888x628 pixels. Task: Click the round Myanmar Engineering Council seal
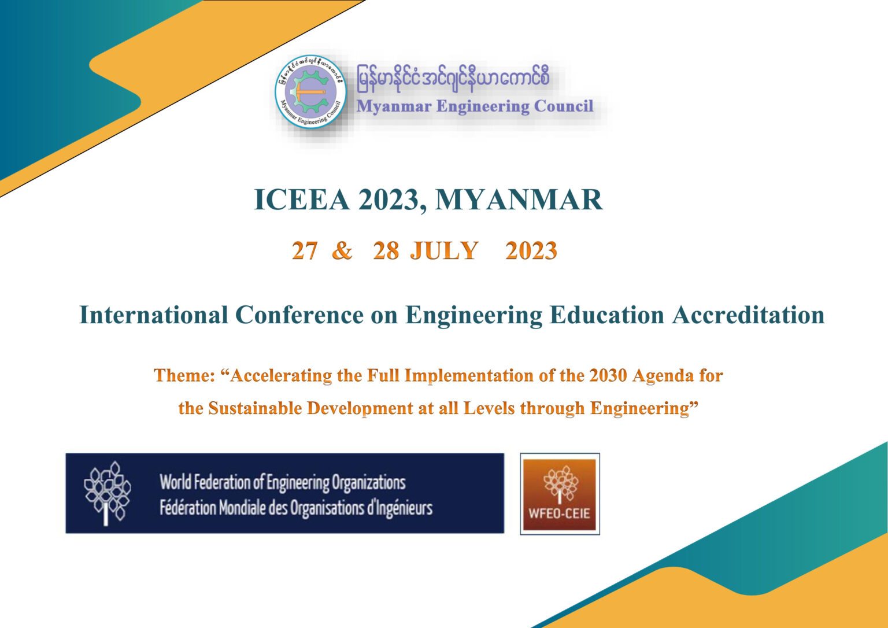[311, 92]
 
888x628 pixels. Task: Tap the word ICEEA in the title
[302, 200]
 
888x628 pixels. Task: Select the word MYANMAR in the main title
[519, 200]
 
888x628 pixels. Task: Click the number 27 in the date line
[305, 251]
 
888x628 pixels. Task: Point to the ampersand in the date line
[342, 251]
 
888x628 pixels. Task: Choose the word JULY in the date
[444, 251]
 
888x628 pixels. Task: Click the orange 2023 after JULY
[531, 251]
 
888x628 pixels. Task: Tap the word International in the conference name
[154, 315]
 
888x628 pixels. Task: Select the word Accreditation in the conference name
[748, 315]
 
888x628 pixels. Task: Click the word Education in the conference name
[607, 315]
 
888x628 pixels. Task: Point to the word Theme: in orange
[184, 375]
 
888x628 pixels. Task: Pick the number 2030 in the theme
[608, 375]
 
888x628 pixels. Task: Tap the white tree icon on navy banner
[107, 493]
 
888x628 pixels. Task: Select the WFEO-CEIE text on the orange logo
[560, 514]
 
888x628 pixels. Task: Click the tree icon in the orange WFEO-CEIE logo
[561, 485]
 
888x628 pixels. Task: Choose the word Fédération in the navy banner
[188, 508]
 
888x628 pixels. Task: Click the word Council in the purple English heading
[564, 106]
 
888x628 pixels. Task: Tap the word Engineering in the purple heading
[483, 107]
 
